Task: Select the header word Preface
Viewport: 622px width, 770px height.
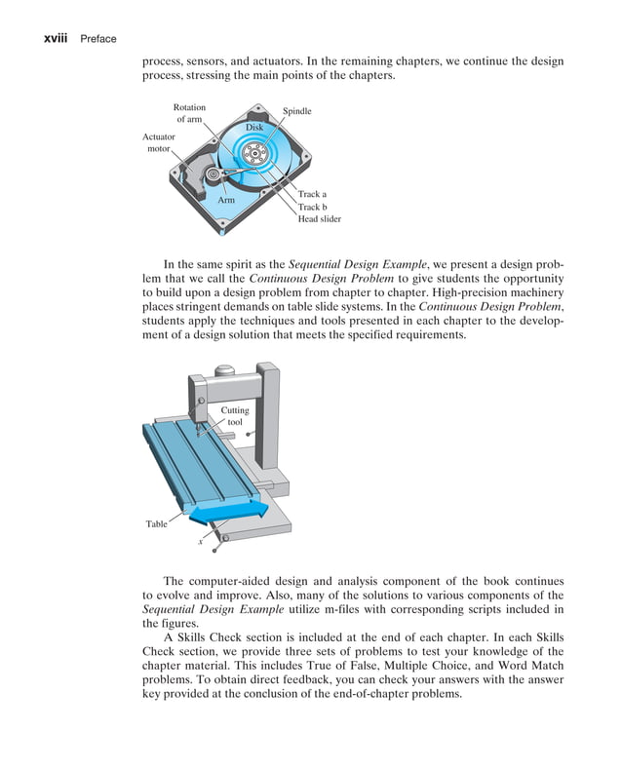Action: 98,39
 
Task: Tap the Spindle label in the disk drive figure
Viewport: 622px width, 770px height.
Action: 296,112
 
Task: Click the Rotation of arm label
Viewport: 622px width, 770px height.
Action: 189,113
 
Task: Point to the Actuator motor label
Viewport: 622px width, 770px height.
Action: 158,143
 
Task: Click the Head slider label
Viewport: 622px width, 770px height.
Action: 319,220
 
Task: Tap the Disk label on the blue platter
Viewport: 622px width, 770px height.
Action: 253,128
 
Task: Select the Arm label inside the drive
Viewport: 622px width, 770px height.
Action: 226,200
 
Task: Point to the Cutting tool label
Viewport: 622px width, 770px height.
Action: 235,416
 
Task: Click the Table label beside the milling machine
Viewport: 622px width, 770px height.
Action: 156,524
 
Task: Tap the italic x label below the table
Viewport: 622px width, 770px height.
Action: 200,542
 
